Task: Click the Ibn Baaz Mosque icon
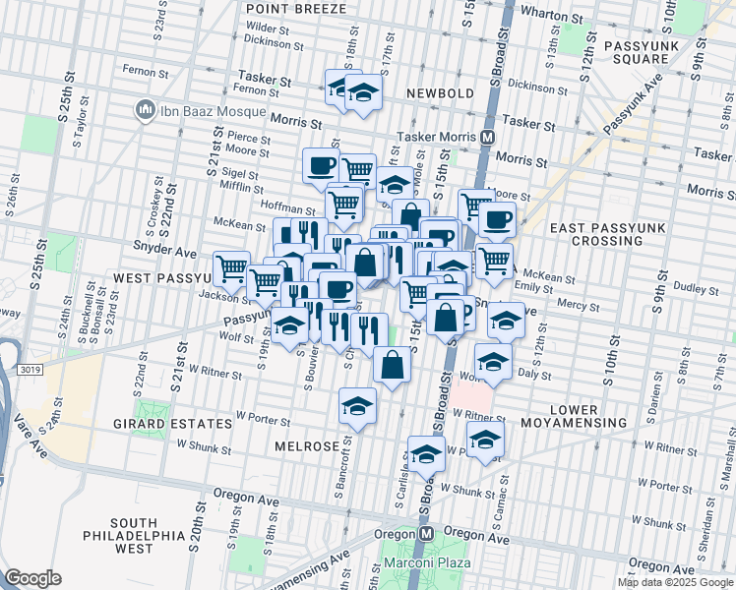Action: click(x=144, y=107)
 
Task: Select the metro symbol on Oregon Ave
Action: click(x=426, y=532)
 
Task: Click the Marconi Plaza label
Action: click(x=430, y=562)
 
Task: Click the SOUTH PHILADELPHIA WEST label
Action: click(x=148, y=528)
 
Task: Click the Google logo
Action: click(x=33, y=577)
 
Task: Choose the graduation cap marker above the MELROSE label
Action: click(x=357, y=405)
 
